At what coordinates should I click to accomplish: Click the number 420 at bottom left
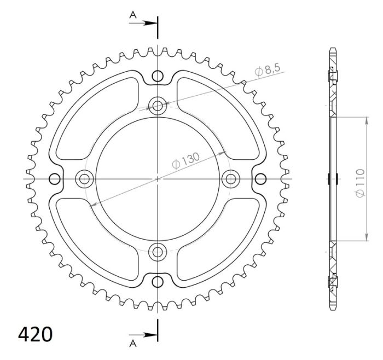coord(36,334)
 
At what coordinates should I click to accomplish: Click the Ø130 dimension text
coord(185,160)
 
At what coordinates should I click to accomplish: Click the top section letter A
coord(132,15)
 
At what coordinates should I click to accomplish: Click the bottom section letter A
coord(132,343)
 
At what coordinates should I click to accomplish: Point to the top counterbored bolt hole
coord(158,105)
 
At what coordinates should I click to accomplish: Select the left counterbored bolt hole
coord(85,178)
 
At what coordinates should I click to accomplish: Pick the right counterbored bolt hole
coord(231,178)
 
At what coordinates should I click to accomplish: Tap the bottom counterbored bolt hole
coord(158,252)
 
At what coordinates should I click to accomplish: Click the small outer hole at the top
coord(158,76)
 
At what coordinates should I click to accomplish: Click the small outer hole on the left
coord(55,178)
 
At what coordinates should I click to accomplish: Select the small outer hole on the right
coord(261,178)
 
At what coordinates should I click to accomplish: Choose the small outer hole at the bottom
coord(158,282)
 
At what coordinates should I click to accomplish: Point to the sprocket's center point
coord(158,178)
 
